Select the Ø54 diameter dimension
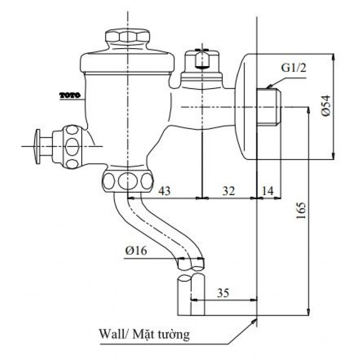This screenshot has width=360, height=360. [x=326, y=105]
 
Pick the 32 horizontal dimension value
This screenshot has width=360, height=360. [x=228, y=191]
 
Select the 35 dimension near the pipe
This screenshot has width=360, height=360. [x=222, y=293]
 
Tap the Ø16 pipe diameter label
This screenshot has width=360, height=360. [x=136, y=251]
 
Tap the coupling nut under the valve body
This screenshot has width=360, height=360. [x=128, y=180]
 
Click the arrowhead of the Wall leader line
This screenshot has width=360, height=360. [x=255, y=320]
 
